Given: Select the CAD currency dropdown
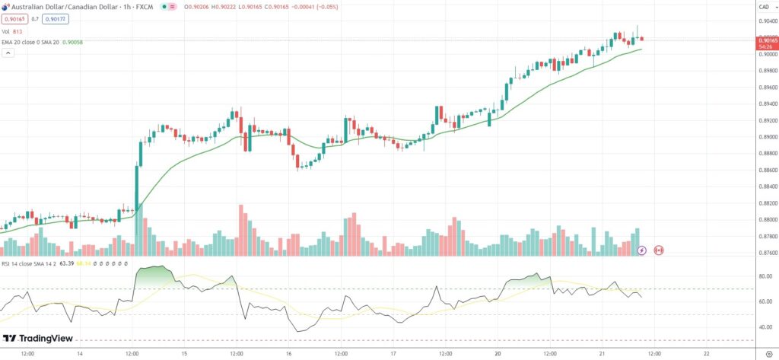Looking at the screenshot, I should (x=762, y=7).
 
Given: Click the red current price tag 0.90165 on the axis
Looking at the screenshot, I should (x=762, y=40).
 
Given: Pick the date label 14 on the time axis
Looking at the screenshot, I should (x=80, y=353).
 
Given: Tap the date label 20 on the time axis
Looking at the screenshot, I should (x=498, y=353).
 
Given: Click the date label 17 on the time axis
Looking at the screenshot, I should (x=393, y=353).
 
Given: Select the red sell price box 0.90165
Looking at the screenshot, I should (x=14, y=18).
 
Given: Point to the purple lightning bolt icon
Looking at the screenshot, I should (x=641, y=249).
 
